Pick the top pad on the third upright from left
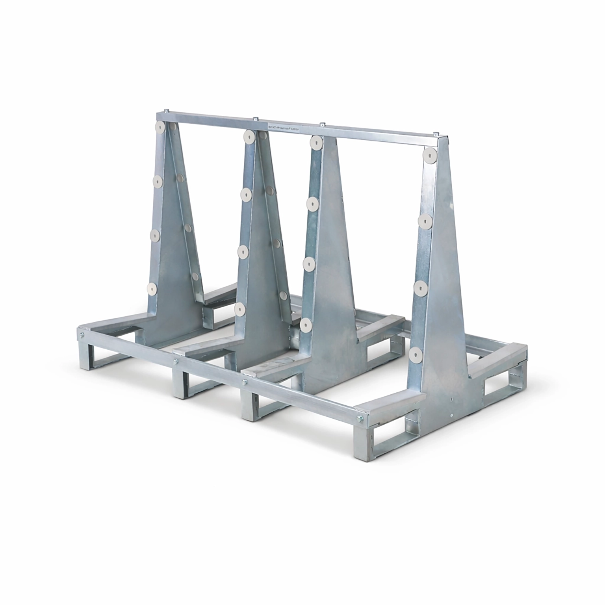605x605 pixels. click(x=315, y=142)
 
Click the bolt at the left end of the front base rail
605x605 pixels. click(x=82, y=335)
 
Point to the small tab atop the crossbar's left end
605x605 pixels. click(x=167, y=111)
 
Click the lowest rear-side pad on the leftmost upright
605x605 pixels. click(x=195, y=277)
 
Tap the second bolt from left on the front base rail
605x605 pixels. click(x=177, y=361)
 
